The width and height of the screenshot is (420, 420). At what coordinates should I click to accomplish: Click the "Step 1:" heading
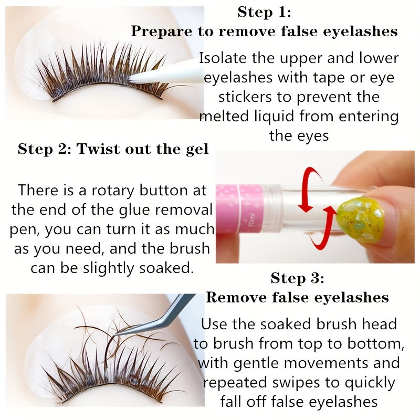(x=264, y=12)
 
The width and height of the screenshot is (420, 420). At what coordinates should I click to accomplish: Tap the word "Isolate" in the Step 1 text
(x=223, y=58)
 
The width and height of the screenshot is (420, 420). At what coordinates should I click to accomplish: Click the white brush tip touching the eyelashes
(x=152, y=76)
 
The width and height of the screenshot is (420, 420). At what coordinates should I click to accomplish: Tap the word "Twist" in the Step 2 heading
(x=96, y=149)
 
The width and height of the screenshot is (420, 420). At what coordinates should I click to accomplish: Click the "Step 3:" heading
(x=297, y=278)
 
